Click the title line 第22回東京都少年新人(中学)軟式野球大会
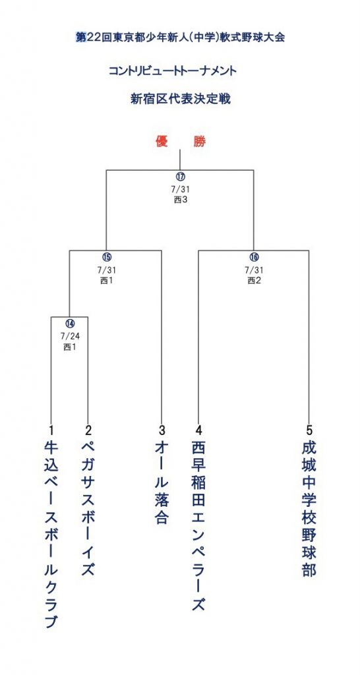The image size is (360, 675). click(180, 38)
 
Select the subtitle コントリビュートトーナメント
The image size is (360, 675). click(173, 71)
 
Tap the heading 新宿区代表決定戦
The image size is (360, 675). click(181, 99)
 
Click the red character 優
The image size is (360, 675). click(162, 142)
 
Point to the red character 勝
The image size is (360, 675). click(199, 142)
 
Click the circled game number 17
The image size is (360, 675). click(179, 177)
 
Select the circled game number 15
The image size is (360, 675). click(106, 257)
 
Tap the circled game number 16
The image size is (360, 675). click(254, 257)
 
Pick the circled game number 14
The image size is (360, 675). click(70, 323)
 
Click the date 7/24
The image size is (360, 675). click(70, 336)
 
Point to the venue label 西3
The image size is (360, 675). click(180, 200)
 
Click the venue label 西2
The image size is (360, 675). click(254, 281)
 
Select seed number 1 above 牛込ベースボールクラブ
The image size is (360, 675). click(51, 430)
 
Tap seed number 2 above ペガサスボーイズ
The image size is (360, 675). click(88, 430)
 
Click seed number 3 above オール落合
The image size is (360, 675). click(162, 430)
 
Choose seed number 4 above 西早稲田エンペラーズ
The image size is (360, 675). click(198, 430)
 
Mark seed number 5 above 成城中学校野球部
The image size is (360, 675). click(309, 430)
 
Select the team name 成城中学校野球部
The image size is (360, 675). click(309, 508)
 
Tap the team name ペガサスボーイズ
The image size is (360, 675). click(88, 508)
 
